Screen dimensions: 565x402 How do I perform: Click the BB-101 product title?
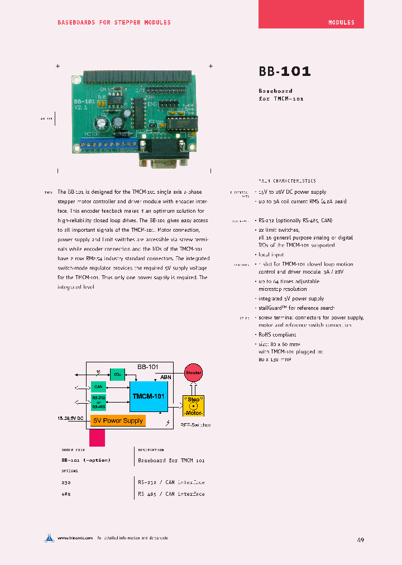(x=284, y=71)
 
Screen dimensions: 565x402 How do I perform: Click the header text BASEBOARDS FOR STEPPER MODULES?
(x=114, y=22)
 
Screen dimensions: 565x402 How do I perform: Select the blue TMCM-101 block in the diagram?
(x=148, y=396)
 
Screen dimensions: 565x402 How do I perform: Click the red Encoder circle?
(x=193, y=372)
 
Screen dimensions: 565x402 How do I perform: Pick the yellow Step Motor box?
(x=193, y=405)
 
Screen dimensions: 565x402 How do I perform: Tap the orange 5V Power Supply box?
(x=118, y=420)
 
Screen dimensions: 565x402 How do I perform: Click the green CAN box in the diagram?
(x=99, y=386)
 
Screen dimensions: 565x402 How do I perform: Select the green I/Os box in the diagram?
(x=117, y=374)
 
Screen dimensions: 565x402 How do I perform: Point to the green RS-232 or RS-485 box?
(x=99, y=403)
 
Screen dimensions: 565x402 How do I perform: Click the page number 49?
(x=361, y=540)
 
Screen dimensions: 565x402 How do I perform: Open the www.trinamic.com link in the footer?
(x=74, y=538)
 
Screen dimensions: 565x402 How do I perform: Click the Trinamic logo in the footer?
(x=50, y=538)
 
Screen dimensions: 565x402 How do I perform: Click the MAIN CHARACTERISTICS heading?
(x=287, y=181)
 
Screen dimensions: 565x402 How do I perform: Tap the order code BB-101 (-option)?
(x=86, y=461)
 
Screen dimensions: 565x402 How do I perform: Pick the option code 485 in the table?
(x=66, y=494)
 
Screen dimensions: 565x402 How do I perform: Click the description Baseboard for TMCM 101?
(x=171, y=461)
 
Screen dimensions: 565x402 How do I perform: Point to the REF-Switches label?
(x=195, y=425)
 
